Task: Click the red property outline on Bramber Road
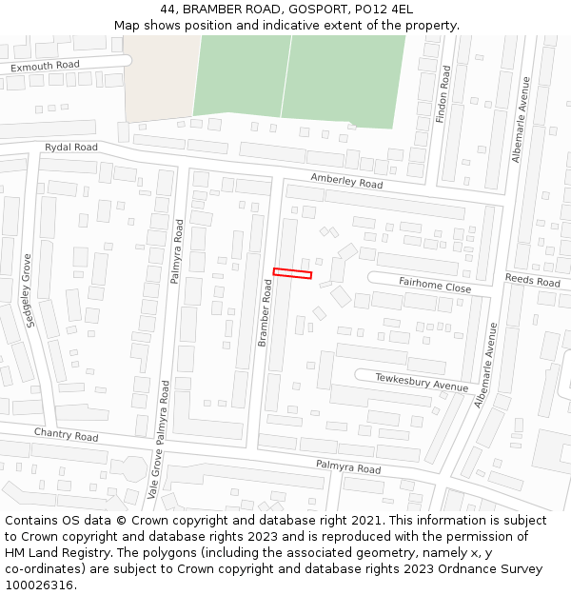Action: pos(292,274)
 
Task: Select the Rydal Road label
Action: pos(71,148)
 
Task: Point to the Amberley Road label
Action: pos(346,181)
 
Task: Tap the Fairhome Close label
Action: pos(435,285)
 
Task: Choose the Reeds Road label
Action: pos(533,280)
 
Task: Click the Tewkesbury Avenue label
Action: pos(422,383)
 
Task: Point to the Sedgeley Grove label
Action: pos(30,290)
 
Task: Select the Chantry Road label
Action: pos(67,435)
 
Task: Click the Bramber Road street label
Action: pos(265,312)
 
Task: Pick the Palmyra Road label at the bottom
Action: pos(348,467)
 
